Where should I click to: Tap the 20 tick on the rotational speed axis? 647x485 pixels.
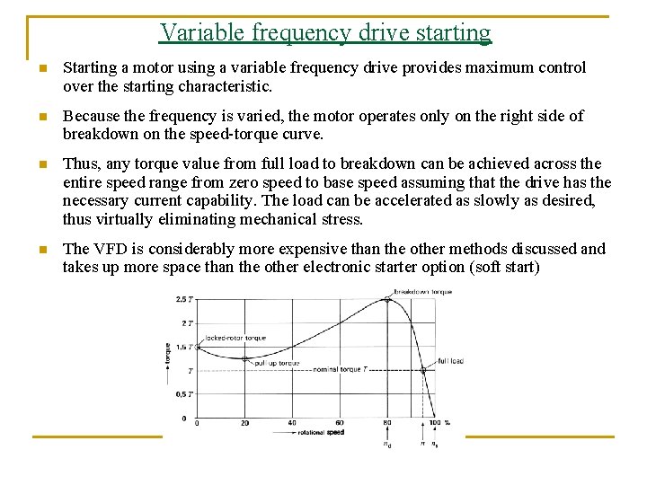coord(244,423)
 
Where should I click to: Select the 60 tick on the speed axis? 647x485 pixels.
coord(340,423)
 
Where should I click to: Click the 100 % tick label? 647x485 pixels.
coord(438,423)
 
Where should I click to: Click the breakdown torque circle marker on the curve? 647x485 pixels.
coord(387,299)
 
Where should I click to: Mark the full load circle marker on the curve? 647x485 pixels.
coord(423,369)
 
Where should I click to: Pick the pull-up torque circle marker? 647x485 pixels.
coord(244,358)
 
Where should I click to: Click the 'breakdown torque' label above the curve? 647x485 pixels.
coord(422,292)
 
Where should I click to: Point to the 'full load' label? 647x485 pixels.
coord(449,361)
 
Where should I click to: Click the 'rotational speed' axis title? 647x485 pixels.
coord(321,433)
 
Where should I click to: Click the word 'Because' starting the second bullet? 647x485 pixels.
coord(89,116)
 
